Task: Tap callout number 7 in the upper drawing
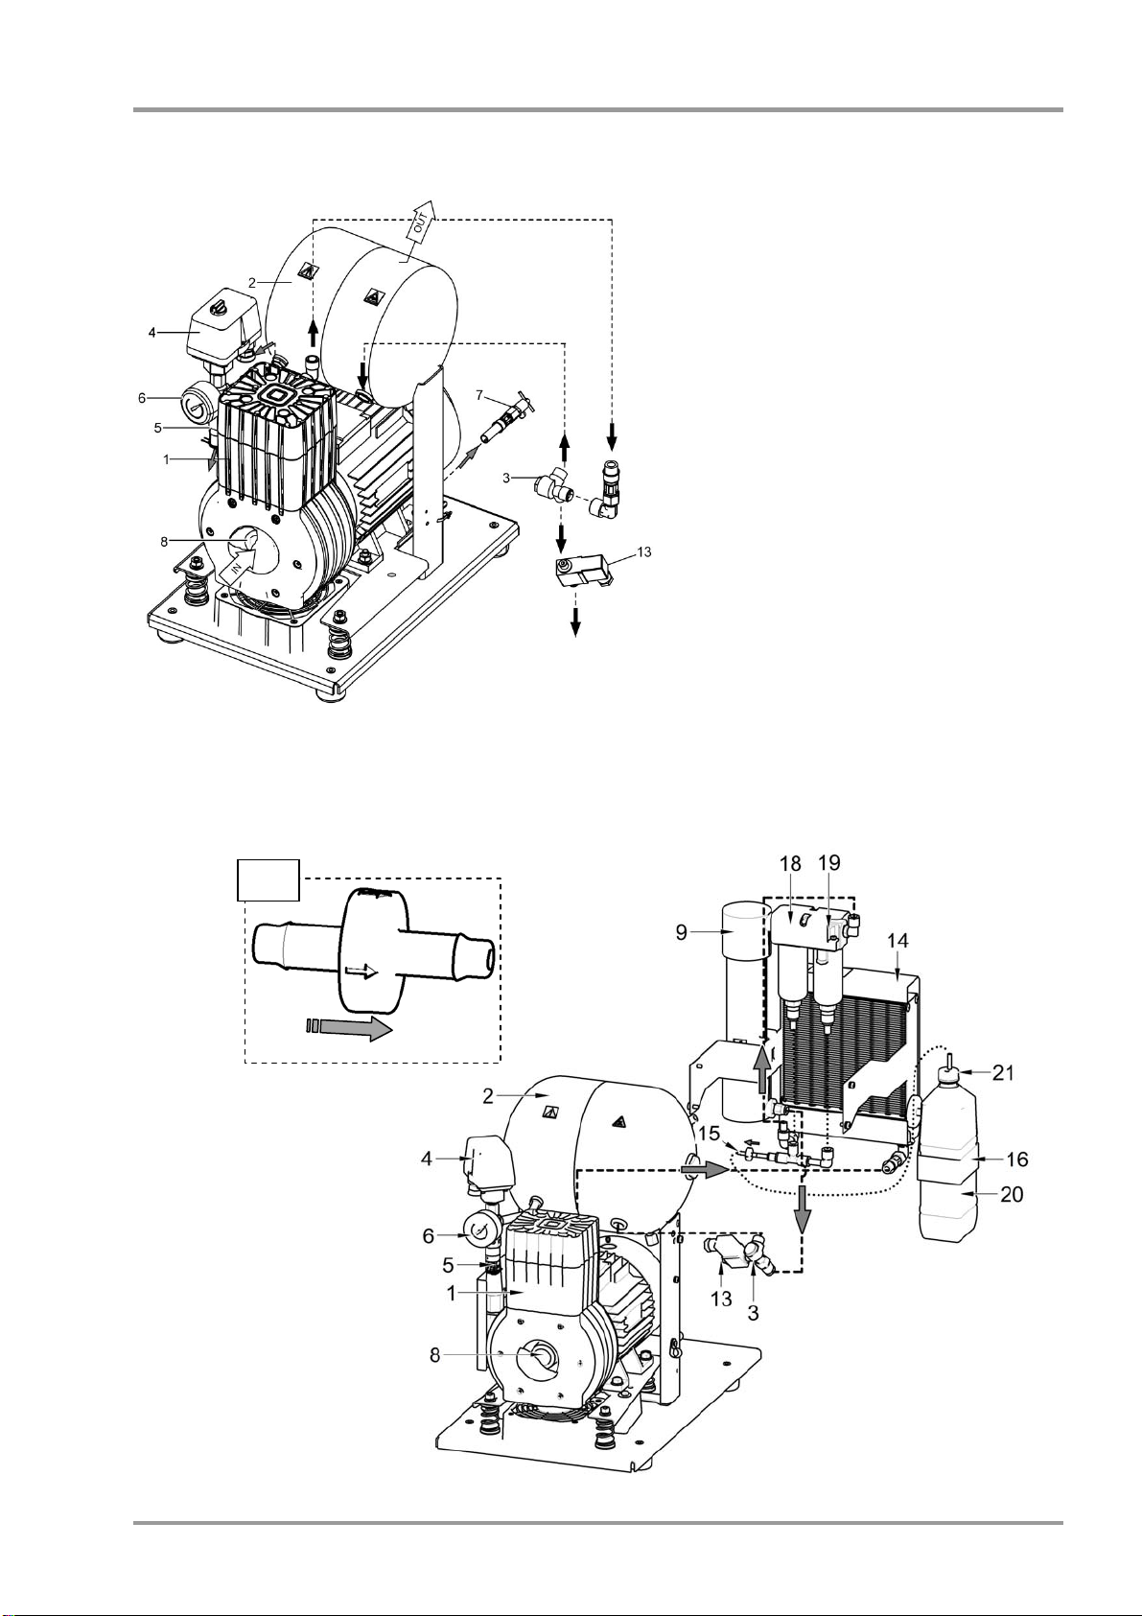coord(478,394)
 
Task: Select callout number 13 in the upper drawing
coord(644,551)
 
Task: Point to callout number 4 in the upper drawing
coord(152,333)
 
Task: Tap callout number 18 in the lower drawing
coord(791,863)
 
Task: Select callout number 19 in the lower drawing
coord(828,863)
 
